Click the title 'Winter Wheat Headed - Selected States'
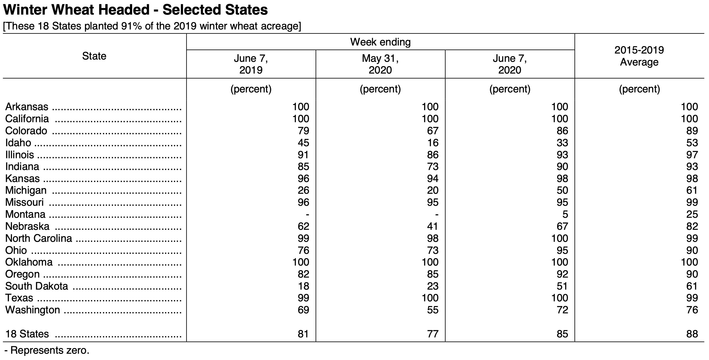(135, 10)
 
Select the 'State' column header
(94, 56)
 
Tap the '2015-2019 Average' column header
(639, 56)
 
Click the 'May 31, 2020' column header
(380, 64)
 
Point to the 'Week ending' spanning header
(380, 42)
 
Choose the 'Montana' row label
(25, 214)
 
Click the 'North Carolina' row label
(39, 238)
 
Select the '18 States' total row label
(27, 334)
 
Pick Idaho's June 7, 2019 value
(303, 143)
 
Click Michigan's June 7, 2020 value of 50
(562, 191)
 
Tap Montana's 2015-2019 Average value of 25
(692, 214)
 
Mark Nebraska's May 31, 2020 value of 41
(433, 226)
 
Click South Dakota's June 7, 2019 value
(303, 286)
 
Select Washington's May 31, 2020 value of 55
(433, 310)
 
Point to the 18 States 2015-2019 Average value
(692, 334)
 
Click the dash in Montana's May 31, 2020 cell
(437, 215)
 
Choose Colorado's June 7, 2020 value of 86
(562, 131)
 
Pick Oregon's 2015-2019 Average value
(692, 274)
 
